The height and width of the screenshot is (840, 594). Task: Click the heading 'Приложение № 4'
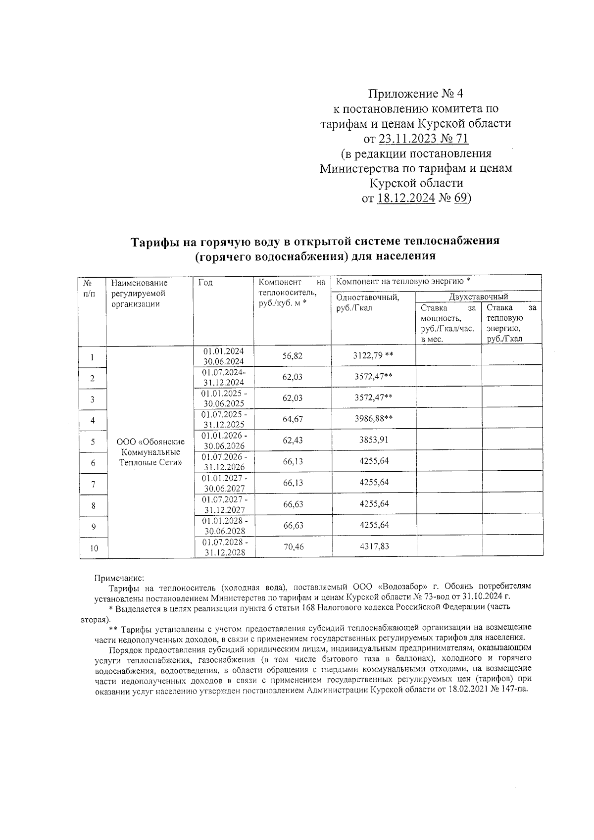tap(416, 93)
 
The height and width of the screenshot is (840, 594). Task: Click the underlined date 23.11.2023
tap(405, 138)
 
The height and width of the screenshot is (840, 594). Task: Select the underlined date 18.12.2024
tap(406, 198)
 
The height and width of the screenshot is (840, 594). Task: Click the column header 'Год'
tap(205, 283)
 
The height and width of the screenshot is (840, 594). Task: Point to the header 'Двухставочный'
tap(478, 297)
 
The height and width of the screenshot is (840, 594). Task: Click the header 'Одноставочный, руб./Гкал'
tap(367, 302)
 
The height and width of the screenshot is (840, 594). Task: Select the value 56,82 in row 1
tap(292, 356)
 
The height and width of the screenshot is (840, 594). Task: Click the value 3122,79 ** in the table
tap(374, 356)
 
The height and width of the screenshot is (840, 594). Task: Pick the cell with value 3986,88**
tap(374, 419)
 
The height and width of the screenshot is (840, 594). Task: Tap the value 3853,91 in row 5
tap(374, 440)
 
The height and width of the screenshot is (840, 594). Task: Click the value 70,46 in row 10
tap(293, 547)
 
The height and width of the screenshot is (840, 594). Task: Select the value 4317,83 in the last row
tap(374, 547)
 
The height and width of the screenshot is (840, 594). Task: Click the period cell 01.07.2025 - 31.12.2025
tap(225, 419)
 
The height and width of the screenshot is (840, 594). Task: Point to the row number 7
tap(93, 485)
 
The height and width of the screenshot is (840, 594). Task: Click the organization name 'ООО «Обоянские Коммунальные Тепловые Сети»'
tap(150, 452)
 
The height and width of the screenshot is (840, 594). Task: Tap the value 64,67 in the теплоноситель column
tap(293, 419)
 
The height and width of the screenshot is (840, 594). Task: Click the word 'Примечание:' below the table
tap(119, 578)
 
